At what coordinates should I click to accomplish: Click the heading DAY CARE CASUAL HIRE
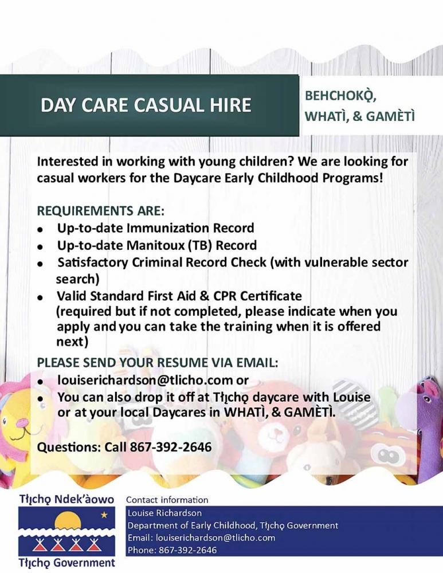[x=146, y=105]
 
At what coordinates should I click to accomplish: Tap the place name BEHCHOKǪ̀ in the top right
[x=340, y=96]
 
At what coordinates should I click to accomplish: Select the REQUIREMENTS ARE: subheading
[x=101, y=211]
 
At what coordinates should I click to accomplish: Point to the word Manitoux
[x=155, y=245]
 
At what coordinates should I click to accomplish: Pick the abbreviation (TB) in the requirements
[x=200, y=245]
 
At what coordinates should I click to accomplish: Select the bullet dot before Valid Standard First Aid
[x=41, y=297]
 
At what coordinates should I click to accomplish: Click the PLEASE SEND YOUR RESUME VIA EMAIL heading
[x=158, y=363]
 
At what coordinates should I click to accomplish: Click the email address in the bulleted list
[x=145, y=380]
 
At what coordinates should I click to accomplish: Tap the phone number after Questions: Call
[x=171, y=447]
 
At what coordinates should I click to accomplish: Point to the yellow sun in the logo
[x=68, y=520]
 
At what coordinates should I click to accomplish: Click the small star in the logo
[x=104, y=515]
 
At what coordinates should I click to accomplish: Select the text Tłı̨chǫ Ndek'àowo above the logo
[x=66, y=499]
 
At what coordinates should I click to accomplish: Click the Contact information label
[x=167, y=500]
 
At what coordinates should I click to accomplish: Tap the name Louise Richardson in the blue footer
[x=164, y=513]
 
